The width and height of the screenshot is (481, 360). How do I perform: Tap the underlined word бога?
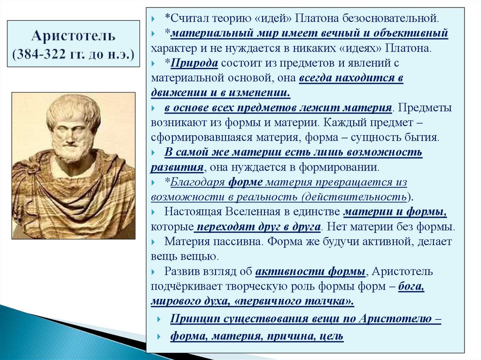[x=411, y=287]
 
